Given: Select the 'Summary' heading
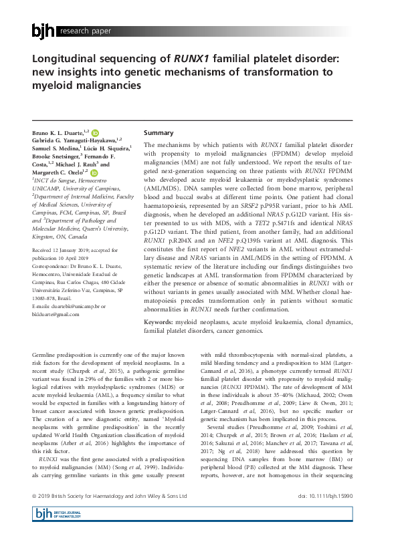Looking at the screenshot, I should [159, 133].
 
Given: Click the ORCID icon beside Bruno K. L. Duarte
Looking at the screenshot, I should [95, 134].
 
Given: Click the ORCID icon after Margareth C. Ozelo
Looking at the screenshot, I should [94, 172].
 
